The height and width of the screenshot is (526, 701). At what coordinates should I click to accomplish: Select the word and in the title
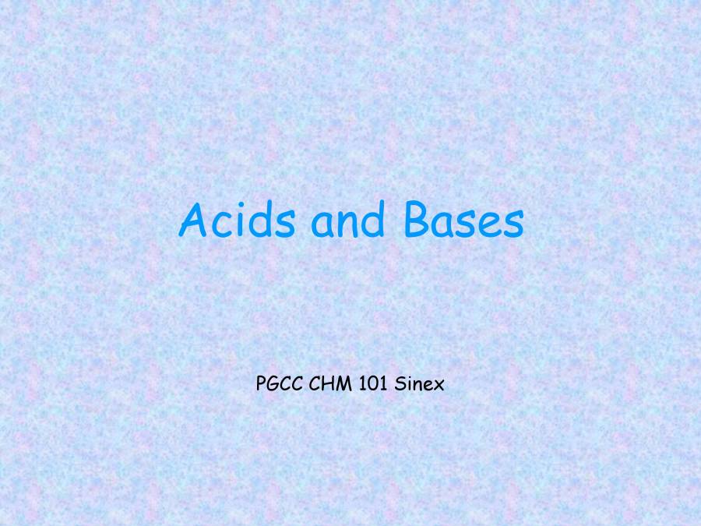[x=348, y=222]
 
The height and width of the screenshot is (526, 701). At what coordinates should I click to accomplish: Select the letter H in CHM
[x=329, y=383]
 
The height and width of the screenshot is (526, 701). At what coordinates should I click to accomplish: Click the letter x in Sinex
[x=439, y=385]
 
